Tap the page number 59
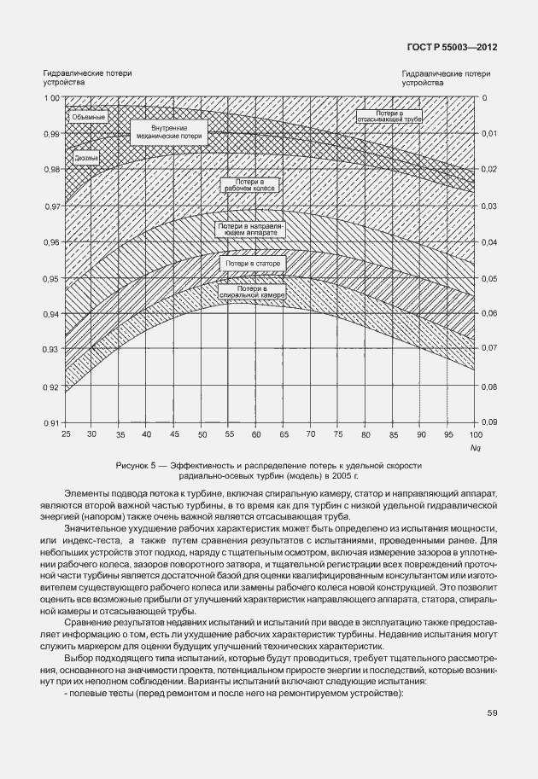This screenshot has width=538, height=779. (492, 712)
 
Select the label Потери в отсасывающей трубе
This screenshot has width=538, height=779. (390, 117)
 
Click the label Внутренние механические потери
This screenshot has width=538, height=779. (167, 131)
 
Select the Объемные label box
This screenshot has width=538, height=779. (88, 116)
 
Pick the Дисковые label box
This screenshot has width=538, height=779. (86, 158)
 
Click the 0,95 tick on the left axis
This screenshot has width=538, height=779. (51, 278)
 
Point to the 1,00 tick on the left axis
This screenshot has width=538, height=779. (51, 98)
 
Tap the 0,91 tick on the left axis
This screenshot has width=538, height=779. (51, 422)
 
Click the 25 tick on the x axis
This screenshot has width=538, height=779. (66, 435)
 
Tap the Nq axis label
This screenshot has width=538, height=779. (475, 447)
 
